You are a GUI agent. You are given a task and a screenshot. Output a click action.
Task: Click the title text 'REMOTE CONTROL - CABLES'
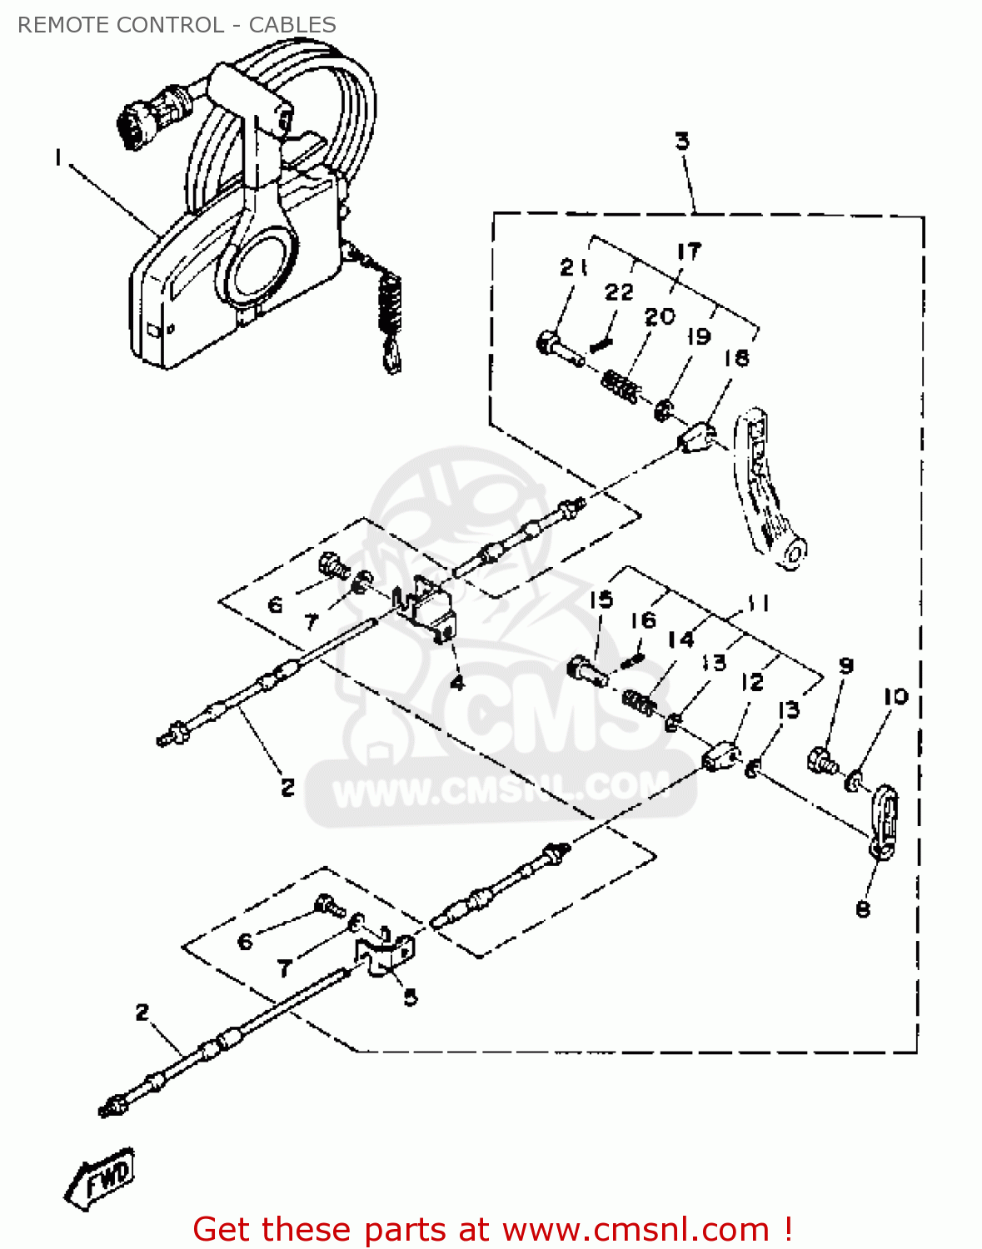(x=177, y=25)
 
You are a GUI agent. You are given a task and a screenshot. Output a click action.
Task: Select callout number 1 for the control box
(x=58, y=157)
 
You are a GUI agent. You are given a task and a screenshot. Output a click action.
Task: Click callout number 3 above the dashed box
(x=682, y=141)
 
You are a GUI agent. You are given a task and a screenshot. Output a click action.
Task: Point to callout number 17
(x=689, y=251)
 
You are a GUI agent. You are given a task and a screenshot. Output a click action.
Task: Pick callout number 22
(x=619, y=291)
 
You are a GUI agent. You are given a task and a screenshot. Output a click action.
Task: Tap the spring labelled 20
(x=621, y=386)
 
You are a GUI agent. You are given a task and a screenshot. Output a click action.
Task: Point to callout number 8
(x=863, y=908)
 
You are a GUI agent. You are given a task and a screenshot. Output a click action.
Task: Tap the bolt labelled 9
(x=821, y=760)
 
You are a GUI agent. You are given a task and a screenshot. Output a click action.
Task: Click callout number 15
(x=601, y=600)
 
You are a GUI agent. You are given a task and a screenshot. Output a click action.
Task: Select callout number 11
(x=756, y=603)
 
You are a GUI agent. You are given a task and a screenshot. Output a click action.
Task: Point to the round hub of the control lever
(x=258, y=266)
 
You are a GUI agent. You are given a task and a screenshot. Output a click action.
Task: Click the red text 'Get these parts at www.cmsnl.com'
(x=491, y=1230)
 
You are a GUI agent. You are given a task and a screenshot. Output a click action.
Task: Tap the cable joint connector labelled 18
(x=696, y=437)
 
